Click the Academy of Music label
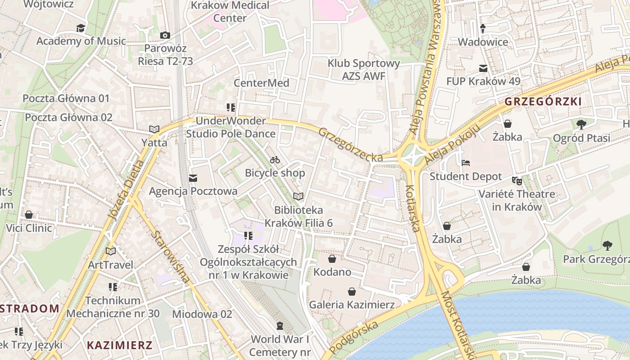(x=81, y=41)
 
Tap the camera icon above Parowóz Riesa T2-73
(x=165, y=35)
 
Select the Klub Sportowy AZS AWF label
(x=364, y=70)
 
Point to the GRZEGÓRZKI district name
(x=543, y=101)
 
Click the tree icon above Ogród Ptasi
(x=581, y=124)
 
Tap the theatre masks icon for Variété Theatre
(x=517, y=181)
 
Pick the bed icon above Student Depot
(x=466, y=163)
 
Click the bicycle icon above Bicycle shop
(x=275, y=160)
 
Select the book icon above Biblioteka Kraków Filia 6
(x=298, y=196)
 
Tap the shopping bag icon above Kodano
(x=332, y=259)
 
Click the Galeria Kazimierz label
(x=351, y=305)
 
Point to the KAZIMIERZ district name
(x=120, y=346)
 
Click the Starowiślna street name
(x=170, y=257)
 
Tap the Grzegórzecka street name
(x=351, y=145)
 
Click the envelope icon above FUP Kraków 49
(x=483, y=68)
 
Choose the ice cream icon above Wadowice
(x=483, y=29)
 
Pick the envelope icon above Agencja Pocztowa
(x=193, y=178)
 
